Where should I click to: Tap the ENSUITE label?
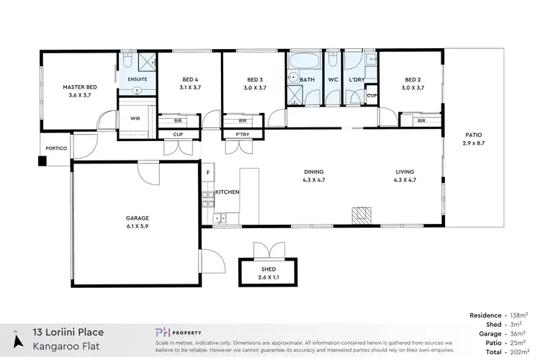(138, 78)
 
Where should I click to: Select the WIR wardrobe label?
(135, 119)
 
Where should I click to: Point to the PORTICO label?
(56, 148)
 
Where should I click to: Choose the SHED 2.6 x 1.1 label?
(267, 271)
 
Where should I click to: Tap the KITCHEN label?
(227, 192)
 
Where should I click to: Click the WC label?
(333, 80)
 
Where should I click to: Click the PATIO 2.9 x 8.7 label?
(473, 140)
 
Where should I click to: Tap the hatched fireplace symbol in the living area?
(360, 215)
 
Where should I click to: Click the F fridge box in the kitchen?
(208, 172)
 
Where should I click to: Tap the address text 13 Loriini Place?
(68, 332)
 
